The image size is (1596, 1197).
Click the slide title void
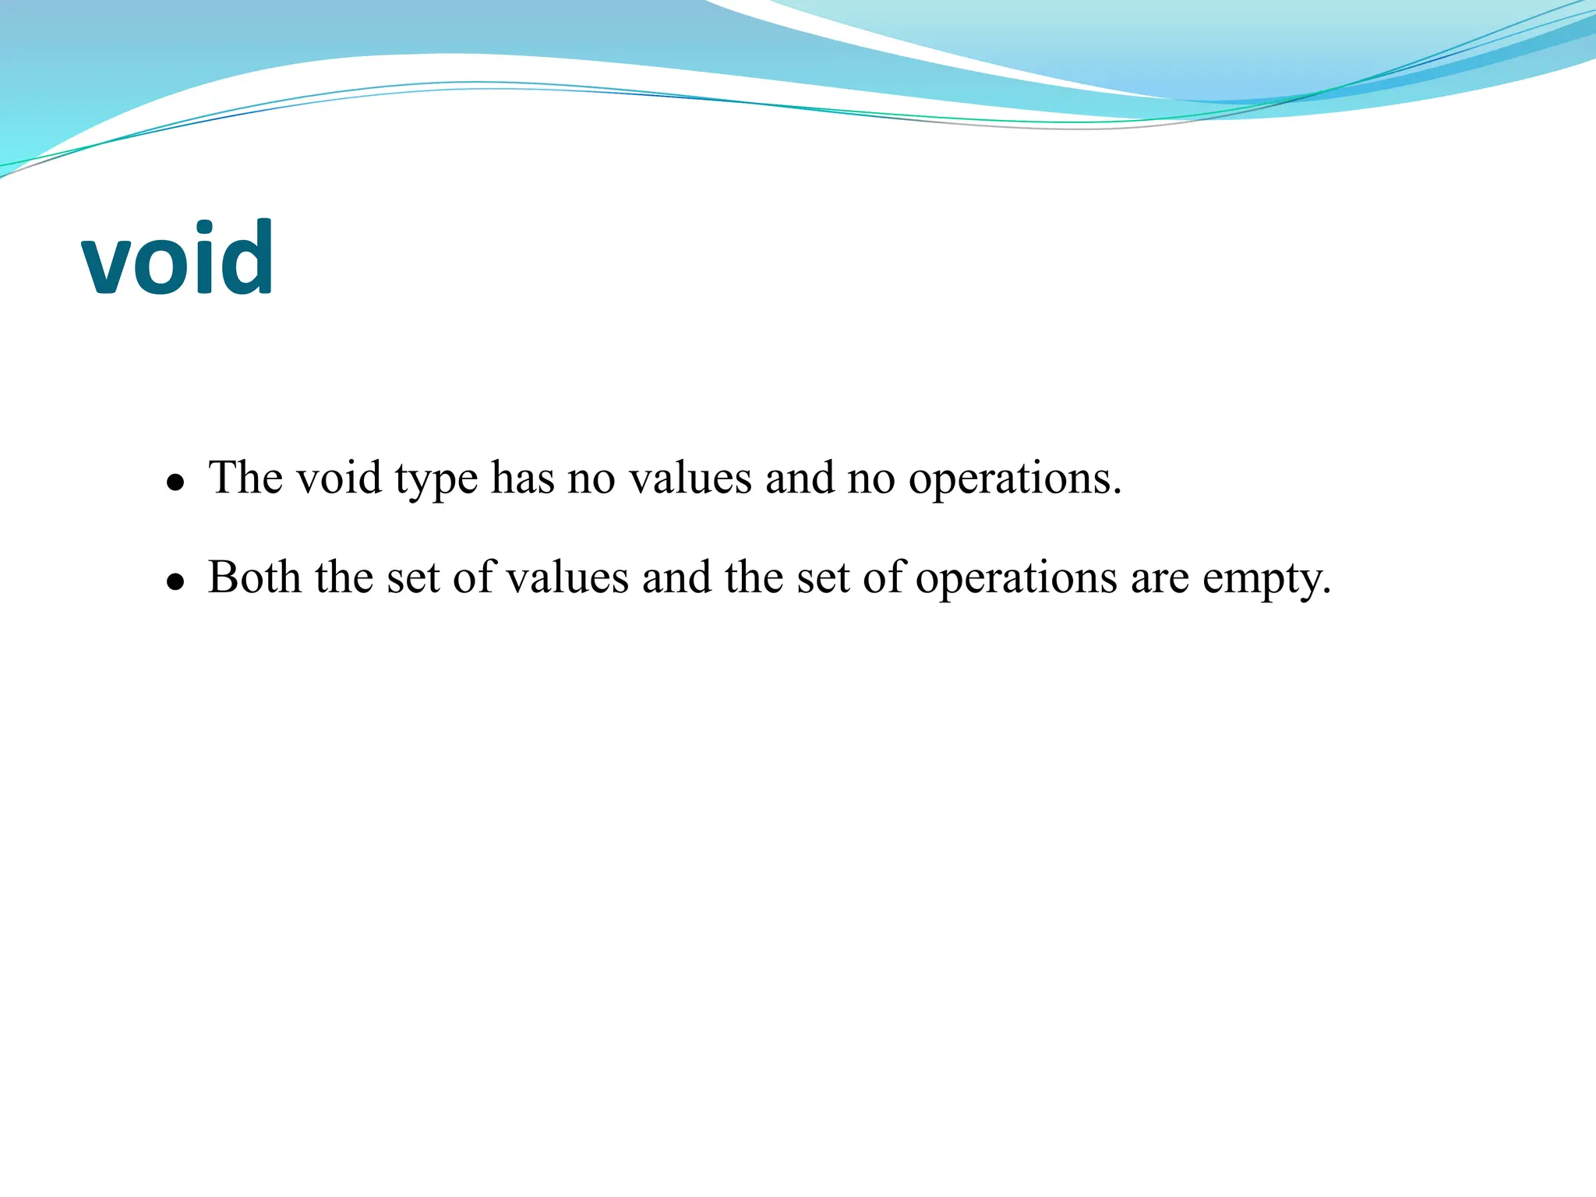[x=178, y=258]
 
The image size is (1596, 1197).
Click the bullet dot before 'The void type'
[x=176, y=482]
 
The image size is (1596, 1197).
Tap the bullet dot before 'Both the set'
[x=176, y=582]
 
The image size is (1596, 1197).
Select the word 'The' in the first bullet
[x=245, y=477]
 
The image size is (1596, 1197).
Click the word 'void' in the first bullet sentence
[x=339, y=477]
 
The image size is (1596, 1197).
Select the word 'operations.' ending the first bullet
[x=1015, y=478]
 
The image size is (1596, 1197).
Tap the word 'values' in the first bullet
[x=690, y=477]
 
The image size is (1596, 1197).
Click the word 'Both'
[x=254, y=577]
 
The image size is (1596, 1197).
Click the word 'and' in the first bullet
[x=800, y=477]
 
